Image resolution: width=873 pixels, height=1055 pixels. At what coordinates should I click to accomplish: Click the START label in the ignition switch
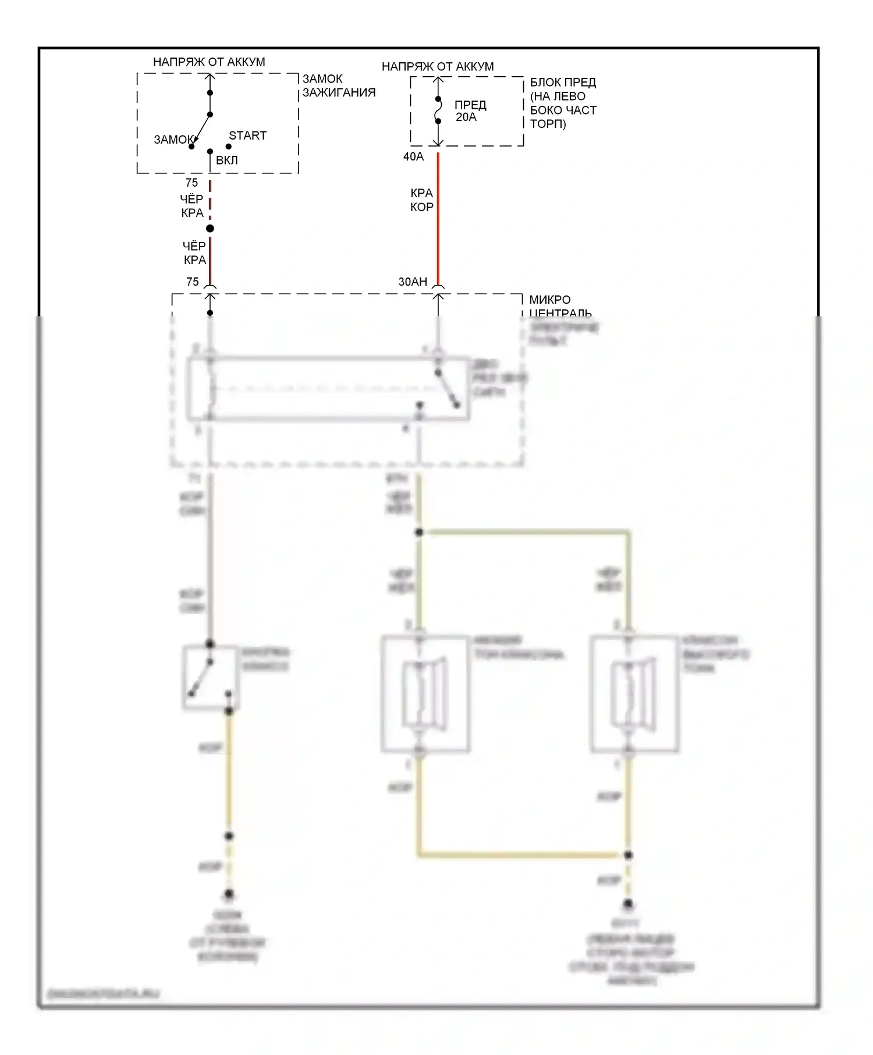pos(247,136)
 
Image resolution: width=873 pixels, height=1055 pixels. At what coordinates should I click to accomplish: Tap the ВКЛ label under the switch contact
pos(226,160)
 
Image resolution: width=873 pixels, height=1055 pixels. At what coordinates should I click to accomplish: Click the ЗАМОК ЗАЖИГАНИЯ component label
pos(339,85)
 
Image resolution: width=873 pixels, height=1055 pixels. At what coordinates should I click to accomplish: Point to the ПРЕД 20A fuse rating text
pos(470,111)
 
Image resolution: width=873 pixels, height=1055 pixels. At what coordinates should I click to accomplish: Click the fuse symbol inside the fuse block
pos(438,111)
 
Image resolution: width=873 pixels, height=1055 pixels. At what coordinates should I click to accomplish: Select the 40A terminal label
pos(413,156)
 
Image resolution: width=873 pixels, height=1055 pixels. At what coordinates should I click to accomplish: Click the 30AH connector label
pos(413,281)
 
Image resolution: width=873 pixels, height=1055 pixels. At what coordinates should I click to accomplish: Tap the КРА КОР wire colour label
pos(421,200)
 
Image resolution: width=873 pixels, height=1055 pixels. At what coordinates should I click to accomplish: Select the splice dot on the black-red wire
pos(210,229)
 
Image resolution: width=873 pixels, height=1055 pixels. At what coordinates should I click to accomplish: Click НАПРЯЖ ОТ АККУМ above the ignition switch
pos(209,62)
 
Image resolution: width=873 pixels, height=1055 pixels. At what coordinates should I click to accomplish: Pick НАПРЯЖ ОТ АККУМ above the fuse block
pos(438,66)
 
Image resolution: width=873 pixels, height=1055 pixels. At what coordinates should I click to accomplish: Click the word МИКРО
pos(550,300)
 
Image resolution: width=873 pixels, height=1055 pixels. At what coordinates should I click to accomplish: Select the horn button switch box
pos(210,678)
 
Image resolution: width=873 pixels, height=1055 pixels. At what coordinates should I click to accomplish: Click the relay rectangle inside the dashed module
pos(328,388)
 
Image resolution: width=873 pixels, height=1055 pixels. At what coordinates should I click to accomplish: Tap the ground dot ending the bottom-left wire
pos(229,894)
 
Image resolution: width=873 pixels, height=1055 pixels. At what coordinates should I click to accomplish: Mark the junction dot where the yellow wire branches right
pos(419,532)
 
